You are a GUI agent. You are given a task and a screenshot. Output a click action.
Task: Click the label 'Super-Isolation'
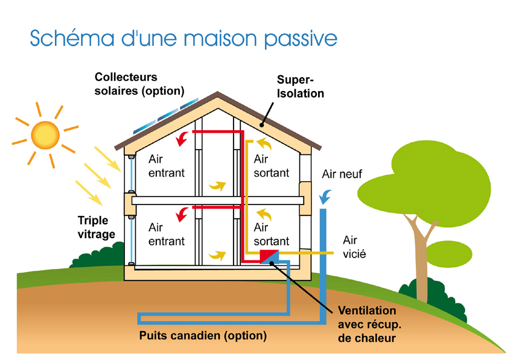pyautogui.click(x=301, y=87)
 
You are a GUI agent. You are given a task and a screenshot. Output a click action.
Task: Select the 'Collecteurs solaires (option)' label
pyautogui.click(x=138, y=84)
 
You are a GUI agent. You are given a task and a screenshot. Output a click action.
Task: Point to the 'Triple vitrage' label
pyautogui.click(x=96, y=227)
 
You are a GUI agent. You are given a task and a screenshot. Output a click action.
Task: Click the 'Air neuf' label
pyautogui.click(x=342, y=174)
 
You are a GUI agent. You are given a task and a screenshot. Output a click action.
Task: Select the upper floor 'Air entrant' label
pyautogui.click(x=167, y=166)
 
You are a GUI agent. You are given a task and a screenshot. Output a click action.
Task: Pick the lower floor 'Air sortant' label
pyautogui.click(x=271, y=235)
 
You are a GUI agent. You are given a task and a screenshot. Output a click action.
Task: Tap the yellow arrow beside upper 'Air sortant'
pyautogui.click(x=263, y=144)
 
